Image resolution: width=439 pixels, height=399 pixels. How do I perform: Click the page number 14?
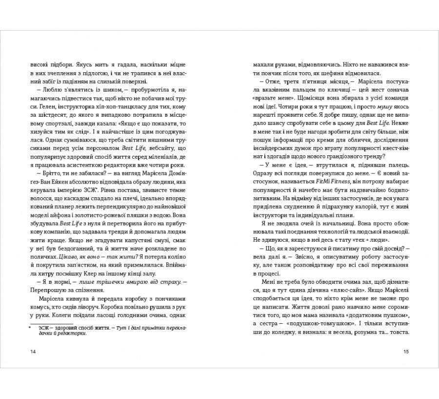[x=33, y=352]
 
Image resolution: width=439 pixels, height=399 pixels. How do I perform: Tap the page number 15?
[x=406, y=352]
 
